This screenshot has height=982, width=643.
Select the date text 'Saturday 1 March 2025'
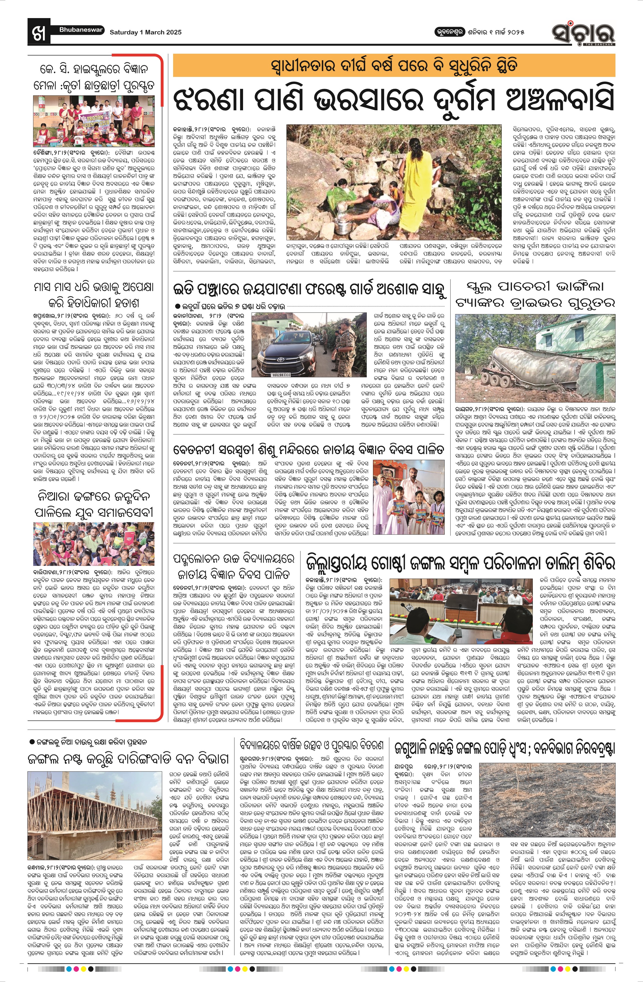[145, 32]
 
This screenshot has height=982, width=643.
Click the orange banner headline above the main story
[393, 66]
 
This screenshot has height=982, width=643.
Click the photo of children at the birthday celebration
[95, 543]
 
